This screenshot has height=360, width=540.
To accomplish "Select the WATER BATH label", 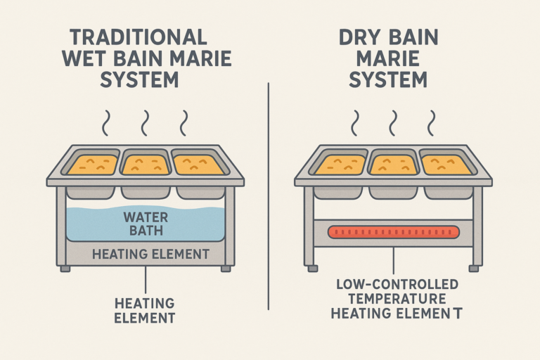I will coord(146,224).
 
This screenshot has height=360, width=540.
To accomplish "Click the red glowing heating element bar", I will coord(389,231).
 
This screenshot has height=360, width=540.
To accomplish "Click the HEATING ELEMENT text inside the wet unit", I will coord(146,254).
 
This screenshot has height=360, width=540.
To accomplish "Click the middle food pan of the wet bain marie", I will coord(145,165).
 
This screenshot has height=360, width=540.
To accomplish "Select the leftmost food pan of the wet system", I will coord(92,165).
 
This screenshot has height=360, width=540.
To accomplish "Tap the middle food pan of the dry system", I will coord(391,165).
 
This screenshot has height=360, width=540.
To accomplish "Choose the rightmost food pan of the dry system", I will coord(444,165).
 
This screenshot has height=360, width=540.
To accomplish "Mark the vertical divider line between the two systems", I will coord(270,197).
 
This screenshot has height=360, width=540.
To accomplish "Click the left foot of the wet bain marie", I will coord(65,269).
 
